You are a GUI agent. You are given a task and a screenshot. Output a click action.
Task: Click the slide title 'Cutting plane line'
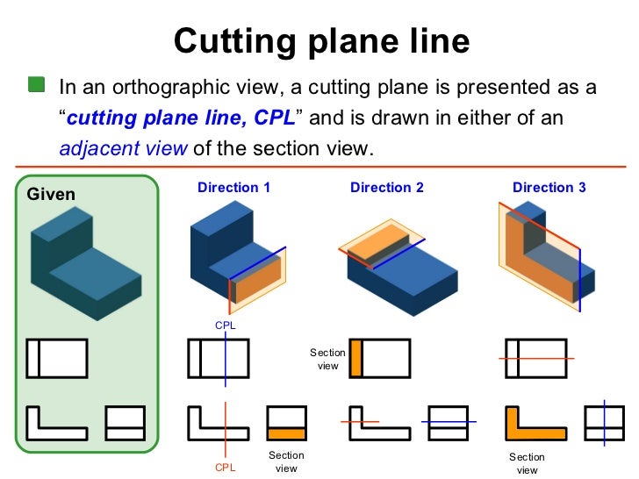pyautogui.click(x=321, y=40)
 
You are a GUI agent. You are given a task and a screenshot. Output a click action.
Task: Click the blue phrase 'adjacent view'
pyautogui.click(x=122, y=148)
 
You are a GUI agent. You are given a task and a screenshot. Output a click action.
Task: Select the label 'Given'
pyautogui.click(x=51, y=194)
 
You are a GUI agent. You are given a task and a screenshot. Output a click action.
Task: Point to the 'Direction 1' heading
pyautogui.click(x=233, y=188)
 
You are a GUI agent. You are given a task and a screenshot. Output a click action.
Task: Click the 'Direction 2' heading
pyautogui.click(x=386, y=188)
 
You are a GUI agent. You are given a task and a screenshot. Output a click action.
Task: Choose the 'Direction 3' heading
pyautogui.click(x=549, y=188)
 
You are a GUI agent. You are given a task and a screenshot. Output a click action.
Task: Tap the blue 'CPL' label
pyautogui.click(x=226, y=325)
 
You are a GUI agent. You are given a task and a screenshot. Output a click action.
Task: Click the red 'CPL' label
pyautogui.click(x=226, y=468)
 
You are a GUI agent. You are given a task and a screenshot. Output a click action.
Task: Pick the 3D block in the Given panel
pyautogui.click(x=83, y=259)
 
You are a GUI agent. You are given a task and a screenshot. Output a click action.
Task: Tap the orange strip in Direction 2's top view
pyautogui.click(x=355, y=358)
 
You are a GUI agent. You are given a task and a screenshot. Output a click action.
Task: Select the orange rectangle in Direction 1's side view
pyautogui.click(x=286, y=433)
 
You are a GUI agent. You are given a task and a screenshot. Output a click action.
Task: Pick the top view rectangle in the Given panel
pyautogui.click(x=57, y=358)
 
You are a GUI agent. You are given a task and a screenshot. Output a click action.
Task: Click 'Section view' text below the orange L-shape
pyautogui.click(x=527, y=463)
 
